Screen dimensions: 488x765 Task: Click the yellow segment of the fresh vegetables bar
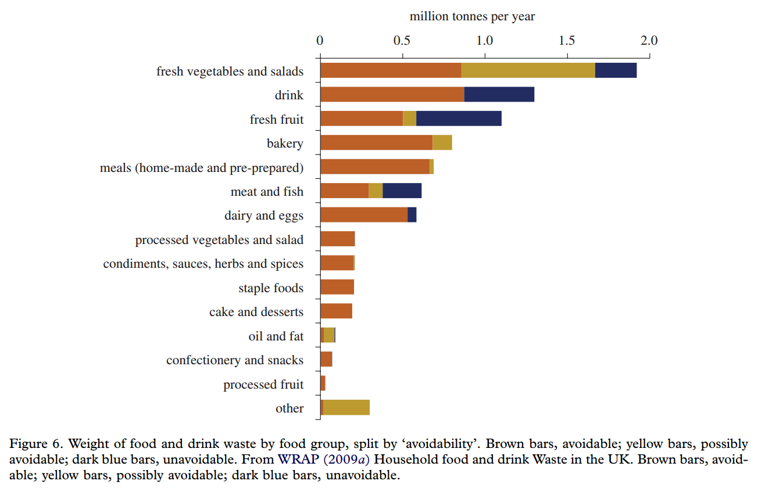[528, 70]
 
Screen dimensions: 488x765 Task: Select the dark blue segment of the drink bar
[499, 94]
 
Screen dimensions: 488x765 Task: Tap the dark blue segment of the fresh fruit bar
[459, 119]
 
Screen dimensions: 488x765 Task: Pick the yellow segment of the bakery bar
[442, 142]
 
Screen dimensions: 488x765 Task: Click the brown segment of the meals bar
[375, 167]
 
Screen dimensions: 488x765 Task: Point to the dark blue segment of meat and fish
[402, 191]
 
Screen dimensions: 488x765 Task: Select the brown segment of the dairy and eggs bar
[364, 215]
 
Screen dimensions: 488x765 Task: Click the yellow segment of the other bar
[346, 408]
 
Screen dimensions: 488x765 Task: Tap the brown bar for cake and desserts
[337, 311]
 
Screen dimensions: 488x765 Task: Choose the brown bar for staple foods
[337, 287]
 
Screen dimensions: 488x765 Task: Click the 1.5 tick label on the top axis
[567, 41]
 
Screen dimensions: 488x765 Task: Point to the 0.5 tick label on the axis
[402, 41]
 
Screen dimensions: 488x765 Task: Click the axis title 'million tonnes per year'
[472, 16]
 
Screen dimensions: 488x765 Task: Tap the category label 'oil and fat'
[276, 336]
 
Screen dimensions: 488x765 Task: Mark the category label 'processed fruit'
[263, 385]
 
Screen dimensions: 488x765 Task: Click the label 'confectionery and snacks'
[235, 360]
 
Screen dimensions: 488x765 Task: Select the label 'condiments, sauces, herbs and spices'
[203, 264]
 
